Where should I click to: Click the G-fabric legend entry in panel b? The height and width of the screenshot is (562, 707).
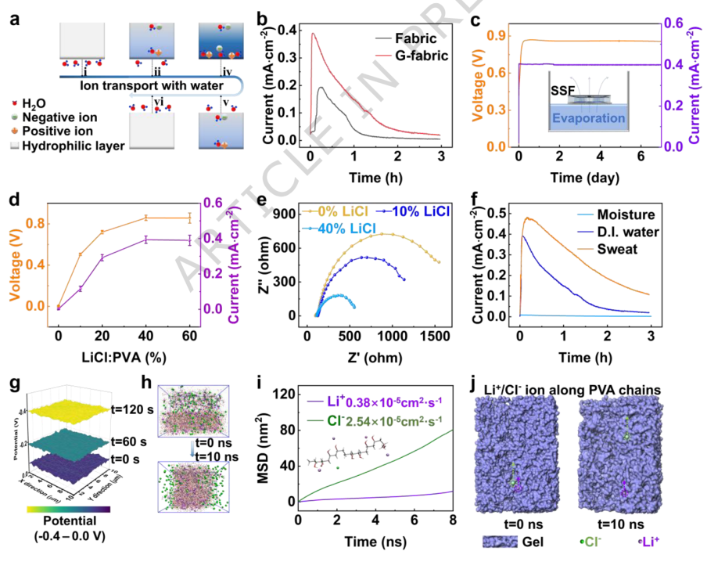(394, 57)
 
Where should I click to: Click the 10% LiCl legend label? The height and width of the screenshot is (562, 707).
(411, 211)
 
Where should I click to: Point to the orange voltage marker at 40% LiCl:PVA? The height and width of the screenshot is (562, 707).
(146, 218)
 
